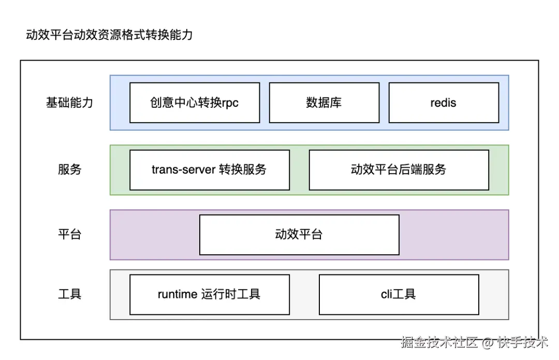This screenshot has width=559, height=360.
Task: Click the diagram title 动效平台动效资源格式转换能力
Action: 109,35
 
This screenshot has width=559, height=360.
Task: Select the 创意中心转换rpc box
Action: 194,103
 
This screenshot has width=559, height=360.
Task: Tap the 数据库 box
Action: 324,103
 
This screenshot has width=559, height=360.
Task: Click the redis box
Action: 444,103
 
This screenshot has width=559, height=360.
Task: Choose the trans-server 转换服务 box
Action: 209,170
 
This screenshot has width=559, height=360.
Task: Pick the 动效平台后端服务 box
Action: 399,170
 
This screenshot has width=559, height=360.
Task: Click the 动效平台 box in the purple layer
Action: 299,235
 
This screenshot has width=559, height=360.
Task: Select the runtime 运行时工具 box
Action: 209,295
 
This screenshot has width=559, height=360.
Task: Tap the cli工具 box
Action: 399,295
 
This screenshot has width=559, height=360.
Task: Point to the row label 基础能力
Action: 69,103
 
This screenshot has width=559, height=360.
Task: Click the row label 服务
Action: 69,170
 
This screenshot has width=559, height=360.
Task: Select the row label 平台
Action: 69,235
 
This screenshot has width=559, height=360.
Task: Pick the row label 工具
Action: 69,295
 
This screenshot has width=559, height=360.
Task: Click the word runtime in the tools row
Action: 177,295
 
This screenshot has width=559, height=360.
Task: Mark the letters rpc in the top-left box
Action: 230,103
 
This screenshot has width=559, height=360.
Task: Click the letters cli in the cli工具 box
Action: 387,295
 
